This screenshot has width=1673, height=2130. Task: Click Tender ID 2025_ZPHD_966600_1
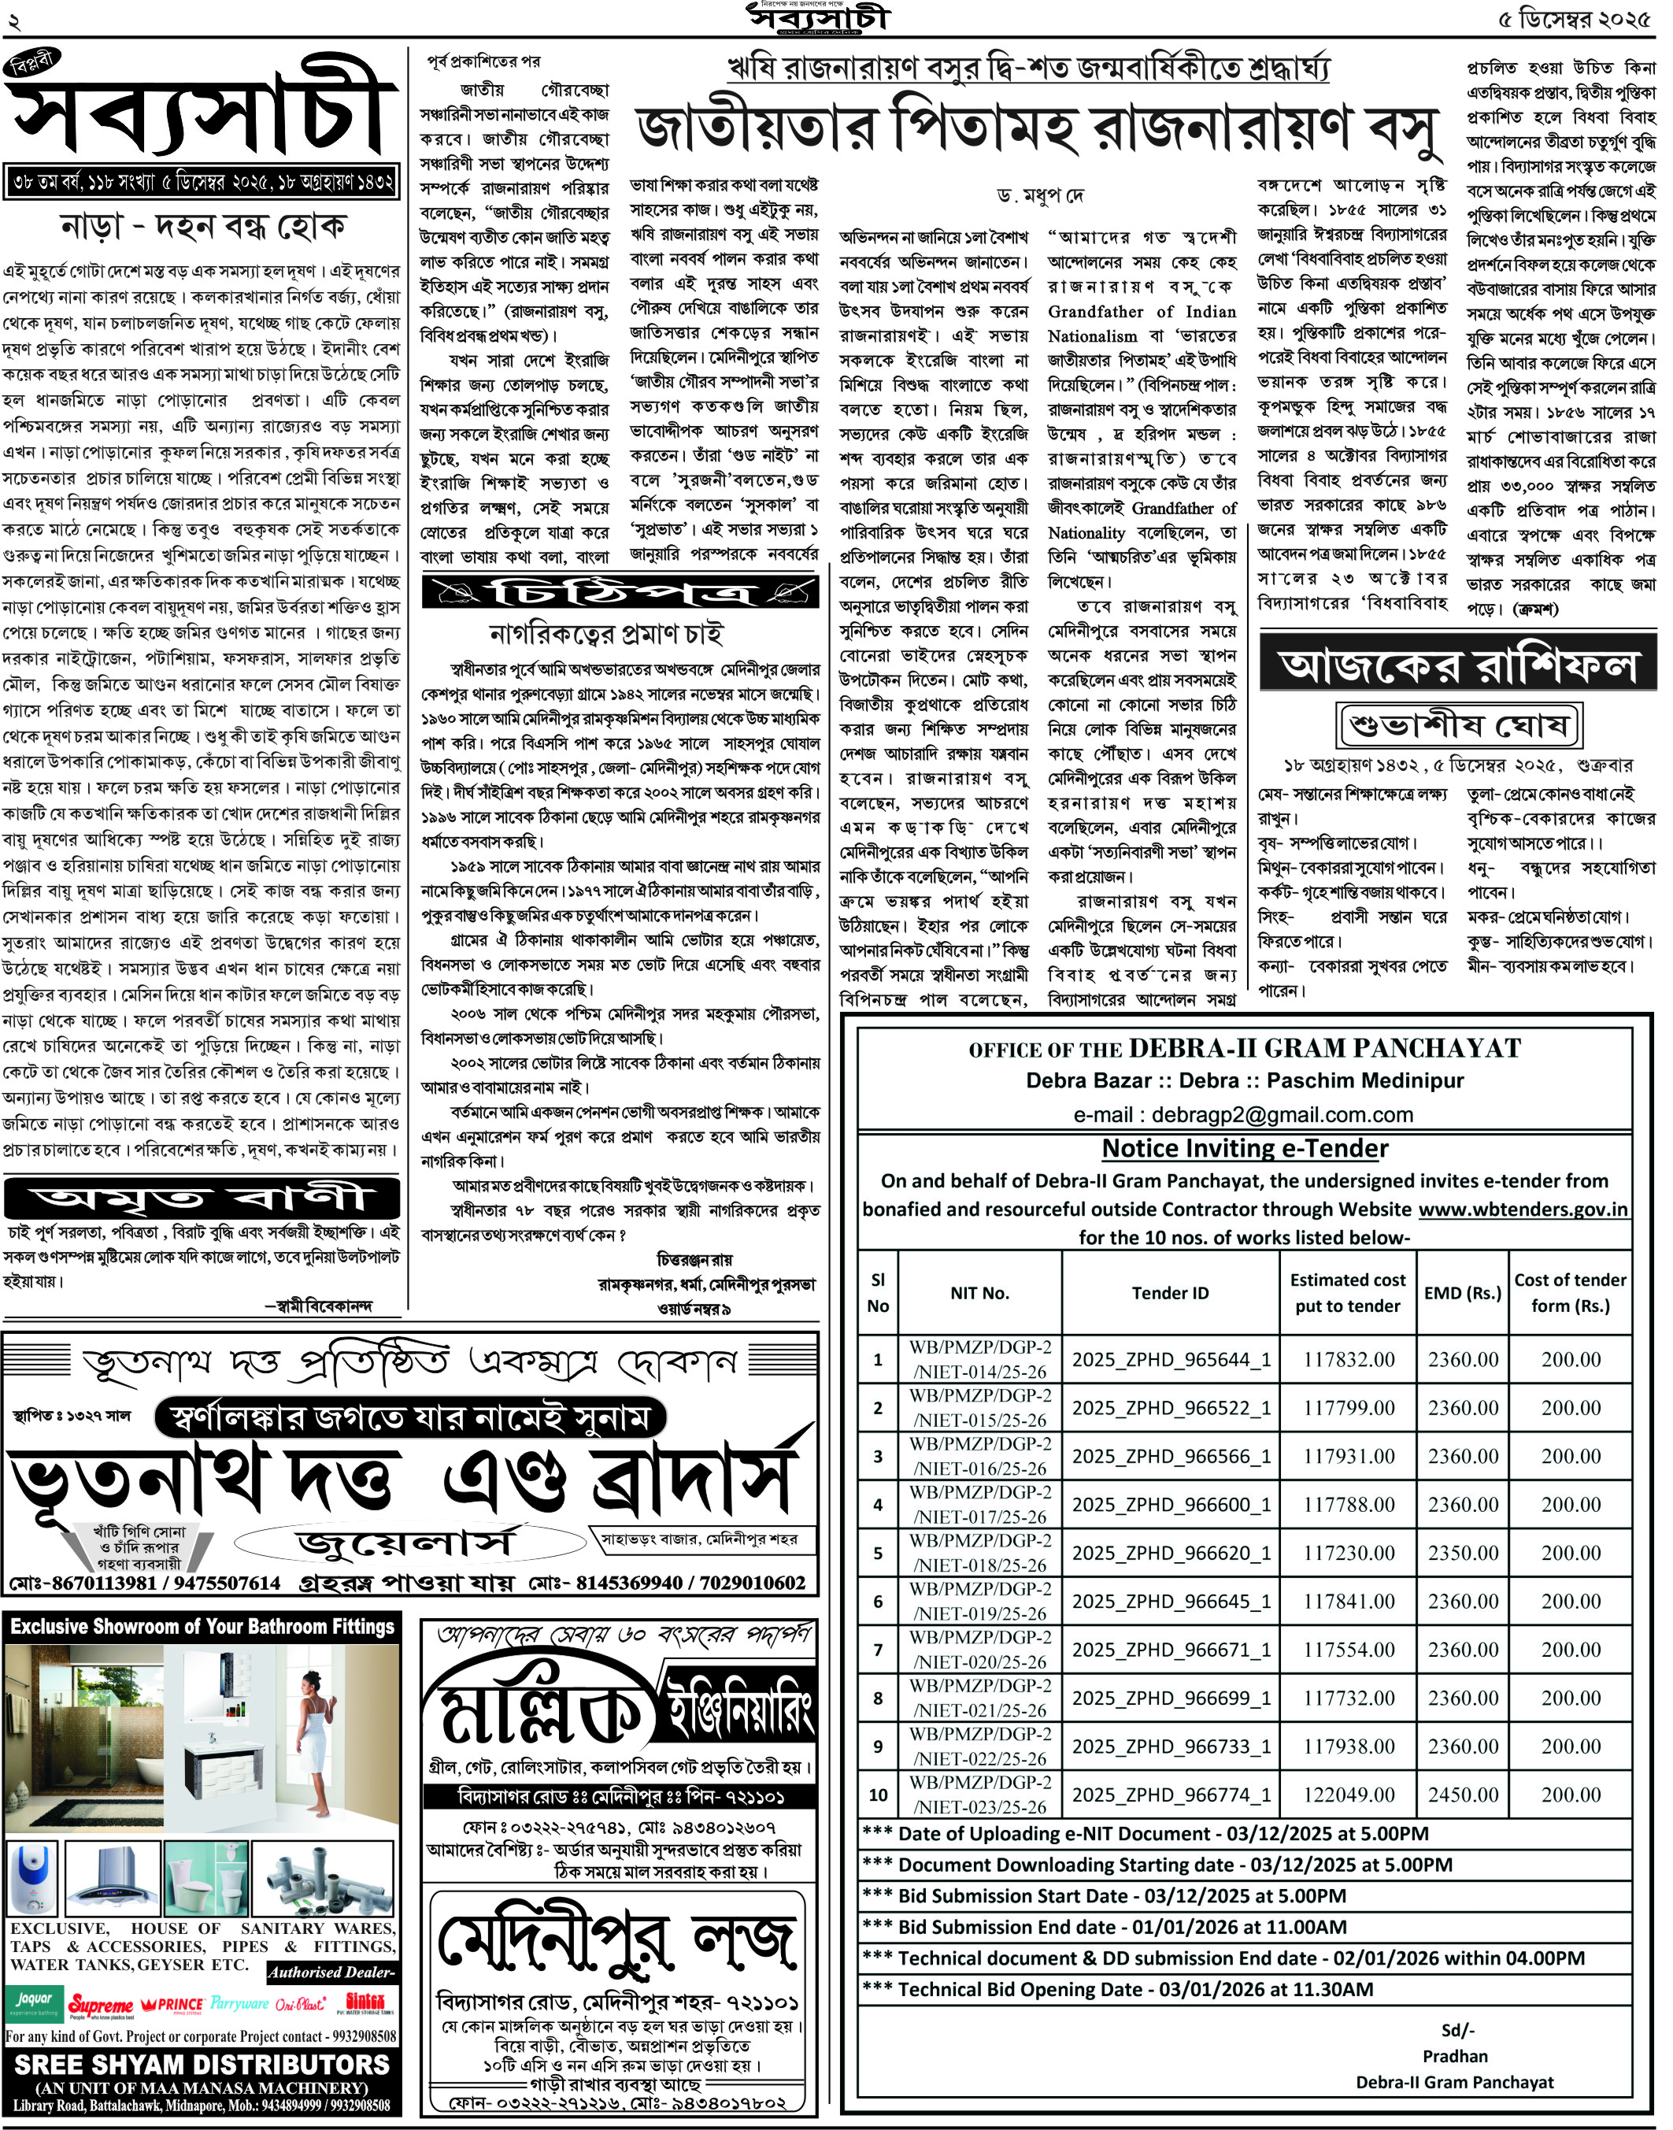coord(1171,1504)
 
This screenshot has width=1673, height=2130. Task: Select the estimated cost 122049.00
coord(1348,1795)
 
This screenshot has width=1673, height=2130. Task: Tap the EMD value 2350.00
coord(1463,1553)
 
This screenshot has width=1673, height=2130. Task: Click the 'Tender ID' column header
coord(1171,1293)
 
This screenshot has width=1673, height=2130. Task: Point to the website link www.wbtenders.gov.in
coord(1523,1209)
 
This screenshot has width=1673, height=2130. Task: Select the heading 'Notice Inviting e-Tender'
coord(1245,1148)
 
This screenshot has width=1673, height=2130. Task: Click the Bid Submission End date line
coord(1122,1927)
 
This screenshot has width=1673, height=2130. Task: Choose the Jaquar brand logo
coord(35,2000)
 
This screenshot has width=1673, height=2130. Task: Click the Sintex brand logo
coord(365,2002)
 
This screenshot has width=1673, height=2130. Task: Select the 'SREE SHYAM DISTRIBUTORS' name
coord(202,2065)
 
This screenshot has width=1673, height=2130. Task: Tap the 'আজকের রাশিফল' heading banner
coord(1457,667)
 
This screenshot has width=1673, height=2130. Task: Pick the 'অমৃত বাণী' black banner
coord(202,1197)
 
